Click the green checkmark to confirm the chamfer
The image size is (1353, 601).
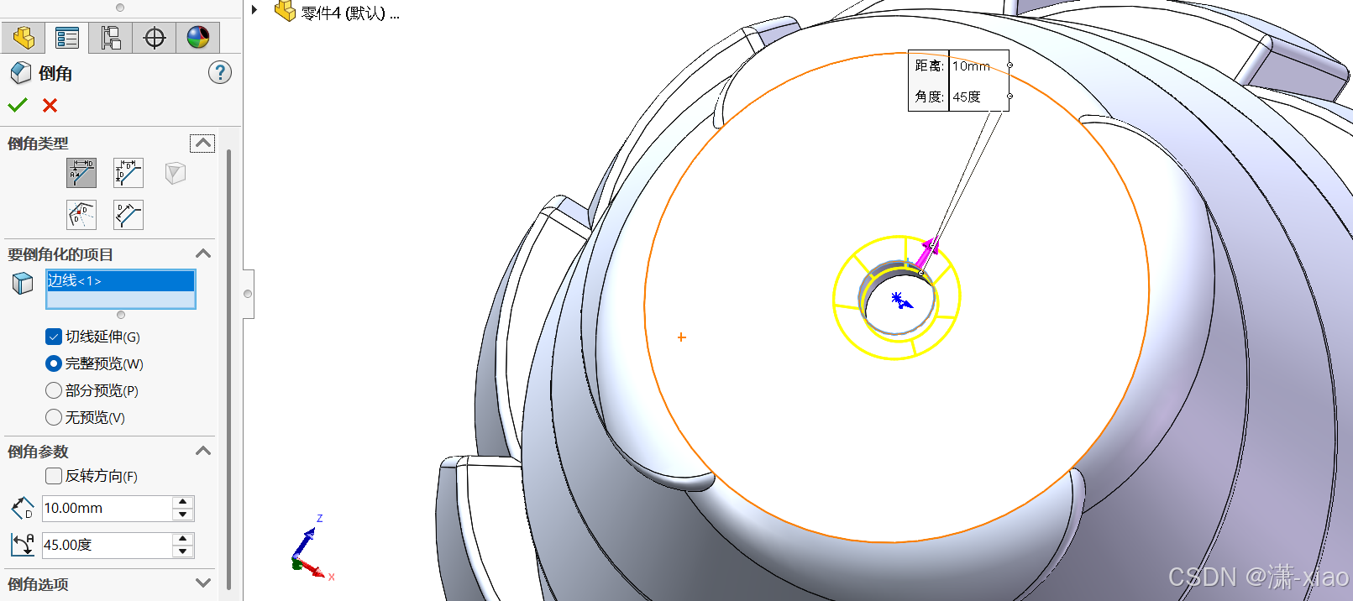pos(18,106)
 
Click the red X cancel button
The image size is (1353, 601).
pos(50,106)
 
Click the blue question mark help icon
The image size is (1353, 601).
pos(220,73)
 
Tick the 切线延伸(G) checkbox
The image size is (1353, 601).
pos(53,337)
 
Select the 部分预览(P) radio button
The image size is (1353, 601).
pos(53,390)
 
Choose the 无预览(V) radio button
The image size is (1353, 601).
pos(53,417)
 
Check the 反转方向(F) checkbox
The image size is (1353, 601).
pos(53,476)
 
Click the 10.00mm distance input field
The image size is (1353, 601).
pos(107,508)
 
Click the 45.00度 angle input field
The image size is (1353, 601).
pos(107,545)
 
